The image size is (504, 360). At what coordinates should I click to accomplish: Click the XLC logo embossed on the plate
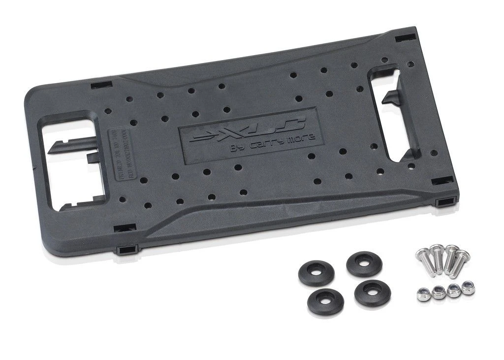click(x=249, y=129)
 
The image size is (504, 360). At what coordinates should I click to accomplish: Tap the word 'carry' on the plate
click(x=274, y=143)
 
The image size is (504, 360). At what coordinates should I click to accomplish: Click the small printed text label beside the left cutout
click(x=114, y=155)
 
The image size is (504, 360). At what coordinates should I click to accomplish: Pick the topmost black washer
click(x=364, y=264)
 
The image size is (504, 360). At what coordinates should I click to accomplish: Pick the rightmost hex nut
click(x=469, y=288)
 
